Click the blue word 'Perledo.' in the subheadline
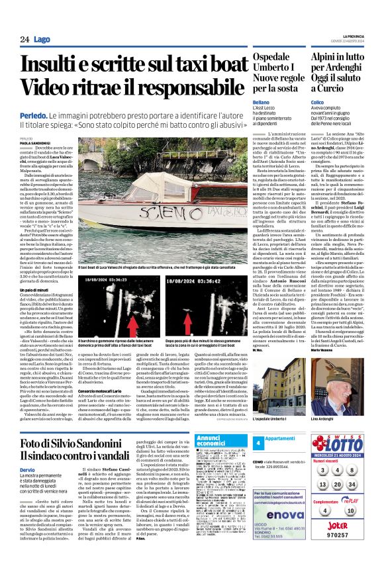(x=33, y=115)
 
